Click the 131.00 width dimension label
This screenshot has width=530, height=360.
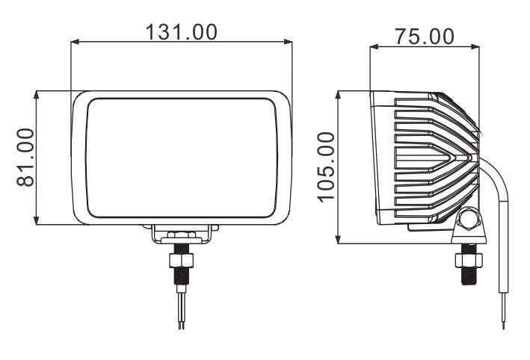181,31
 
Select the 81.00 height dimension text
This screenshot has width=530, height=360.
25,158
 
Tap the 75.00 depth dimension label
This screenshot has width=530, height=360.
425,36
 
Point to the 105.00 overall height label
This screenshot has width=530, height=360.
327,167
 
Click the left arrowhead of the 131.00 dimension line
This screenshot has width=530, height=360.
75,43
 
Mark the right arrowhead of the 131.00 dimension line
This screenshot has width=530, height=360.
288,43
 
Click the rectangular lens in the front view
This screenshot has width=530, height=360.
181,157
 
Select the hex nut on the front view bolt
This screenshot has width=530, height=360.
181,261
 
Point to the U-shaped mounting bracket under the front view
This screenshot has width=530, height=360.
181,234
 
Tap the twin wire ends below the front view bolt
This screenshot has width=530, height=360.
181,317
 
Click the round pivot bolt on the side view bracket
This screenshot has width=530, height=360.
469,220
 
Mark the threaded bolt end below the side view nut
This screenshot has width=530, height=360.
469,276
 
